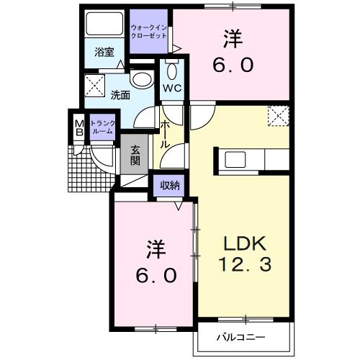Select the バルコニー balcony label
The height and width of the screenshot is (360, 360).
pos(241,337)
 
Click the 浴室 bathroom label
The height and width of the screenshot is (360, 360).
pos(105,52)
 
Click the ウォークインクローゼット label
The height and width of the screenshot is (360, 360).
pos(149,32)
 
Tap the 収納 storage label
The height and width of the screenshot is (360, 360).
pos(170,185)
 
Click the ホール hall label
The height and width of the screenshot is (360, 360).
pos(165,134)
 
